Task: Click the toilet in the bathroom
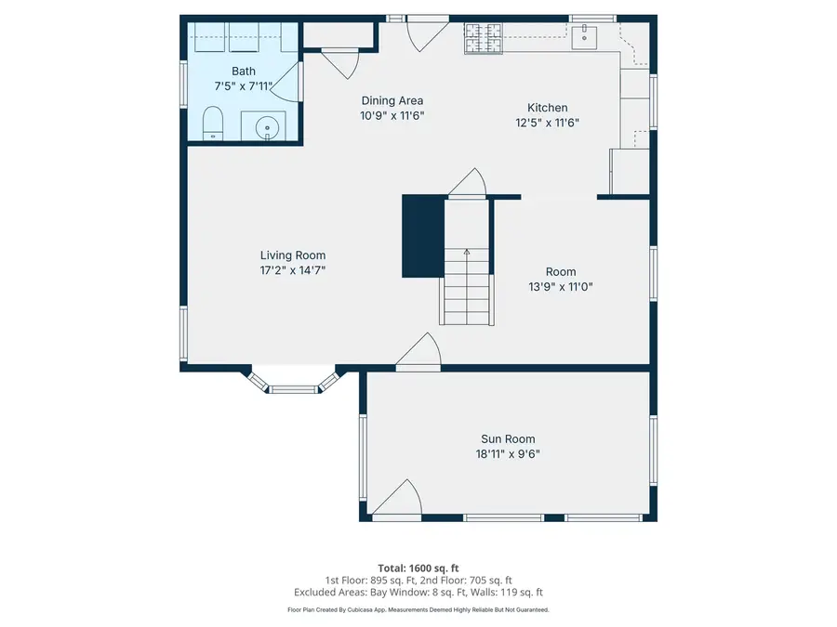pyautogui.click(x=212, y=123)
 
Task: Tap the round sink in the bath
pyautogui.click(x=268, y=125)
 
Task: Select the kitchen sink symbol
pyautogui.click(x=587, y=35)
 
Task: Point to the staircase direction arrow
pyautogui.click(x=467, y=254)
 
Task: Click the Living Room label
pyautogui.click(x=293, y=255)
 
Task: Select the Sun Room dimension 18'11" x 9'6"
pyautogui.click(x=508, y=454)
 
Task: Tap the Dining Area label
pyautogui.click(x=392, y=100)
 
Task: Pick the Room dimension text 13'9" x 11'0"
pyautogui.click(x=561, y=287)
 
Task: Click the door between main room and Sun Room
pyautogui.click(x=418, y=352)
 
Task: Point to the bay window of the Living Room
pyautogui.click(x=292, y=385)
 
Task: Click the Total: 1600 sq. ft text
pyautogui.click(x=418, y=568)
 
